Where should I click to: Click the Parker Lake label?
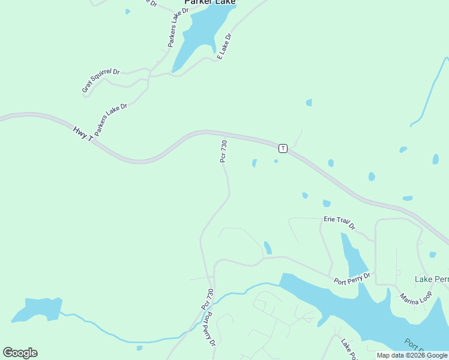[x=210, y=2]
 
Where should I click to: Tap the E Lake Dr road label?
[x=224, y=46]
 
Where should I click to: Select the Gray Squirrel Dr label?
[x=101, y=81]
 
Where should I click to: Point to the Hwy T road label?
[x=83, y=134]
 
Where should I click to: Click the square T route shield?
[x=282, y=148]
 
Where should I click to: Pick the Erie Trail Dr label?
[x=339, y=223]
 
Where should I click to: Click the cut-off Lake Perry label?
[x=432, y=280]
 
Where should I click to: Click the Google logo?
[x=20, y=352]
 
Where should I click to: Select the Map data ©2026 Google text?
[x=412, y=355]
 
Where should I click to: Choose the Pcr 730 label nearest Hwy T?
[x=223, y=151]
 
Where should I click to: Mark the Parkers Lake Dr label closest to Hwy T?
[x=111, y=119]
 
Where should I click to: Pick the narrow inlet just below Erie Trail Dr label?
[x=353, y=255]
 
